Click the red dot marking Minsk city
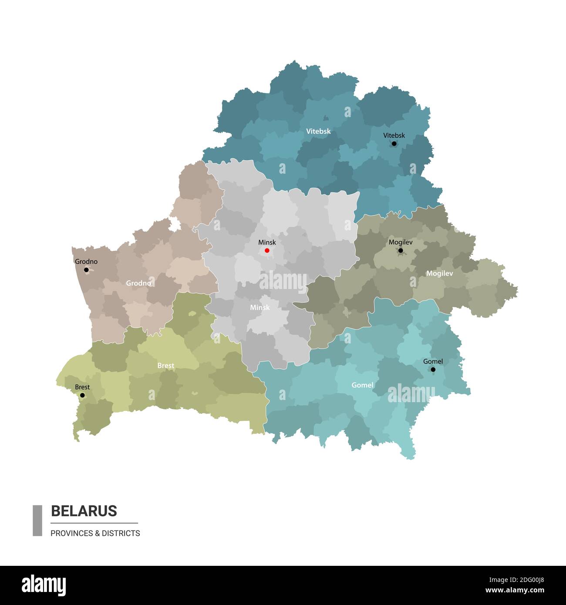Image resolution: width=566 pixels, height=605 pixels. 267,250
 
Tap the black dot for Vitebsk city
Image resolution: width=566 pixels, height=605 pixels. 394,143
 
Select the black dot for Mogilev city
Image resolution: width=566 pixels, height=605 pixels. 401,250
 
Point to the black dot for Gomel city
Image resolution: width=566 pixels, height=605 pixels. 433,370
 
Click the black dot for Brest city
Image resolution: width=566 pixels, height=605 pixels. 82,395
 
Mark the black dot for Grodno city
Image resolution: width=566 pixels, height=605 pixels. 86,270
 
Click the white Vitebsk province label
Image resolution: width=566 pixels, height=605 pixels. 318,131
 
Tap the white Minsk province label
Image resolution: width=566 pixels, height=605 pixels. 260,307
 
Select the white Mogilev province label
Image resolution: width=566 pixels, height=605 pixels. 439,273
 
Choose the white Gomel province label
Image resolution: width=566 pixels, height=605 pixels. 362,385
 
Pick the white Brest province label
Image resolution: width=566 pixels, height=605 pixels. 165,366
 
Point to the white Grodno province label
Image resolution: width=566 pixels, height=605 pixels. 138,283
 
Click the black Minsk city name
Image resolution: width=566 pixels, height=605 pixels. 267,242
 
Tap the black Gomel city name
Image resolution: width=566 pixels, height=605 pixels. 433,361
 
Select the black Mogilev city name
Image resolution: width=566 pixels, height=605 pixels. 401,242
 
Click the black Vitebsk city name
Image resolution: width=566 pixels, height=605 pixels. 394,135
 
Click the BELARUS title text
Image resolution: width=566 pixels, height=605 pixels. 84,511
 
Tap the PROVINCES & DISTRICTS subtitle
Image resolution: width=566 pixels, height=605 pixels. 95,533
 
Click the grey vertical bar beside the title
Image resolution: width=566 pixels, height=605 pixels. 37,520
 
